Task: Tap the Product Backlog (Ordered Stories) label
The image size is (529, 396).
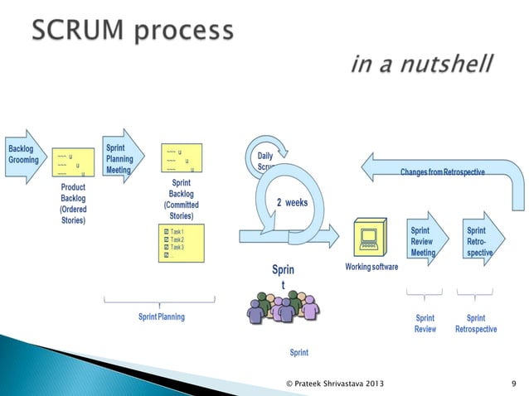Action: (x=73, y=204)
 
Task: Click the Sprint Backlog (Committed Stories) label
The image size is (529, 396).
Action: (x=181, y=199)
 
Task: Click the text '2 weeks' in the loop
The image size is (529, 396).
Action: (x=292, y=202)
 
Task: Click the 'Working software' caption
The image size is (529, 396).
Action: (x=371, y=267)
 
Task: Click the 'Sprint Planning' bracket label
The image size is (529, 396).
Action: (x=162, y=316)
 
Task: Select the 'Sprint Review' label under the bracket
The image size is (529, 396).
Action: (x=425, y=323)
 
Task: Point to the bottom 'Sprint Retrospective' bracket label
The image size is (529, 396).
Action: (x=476, y=323)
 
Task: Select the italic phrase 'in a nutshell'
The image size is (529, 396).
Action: (x=422, y=63)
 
